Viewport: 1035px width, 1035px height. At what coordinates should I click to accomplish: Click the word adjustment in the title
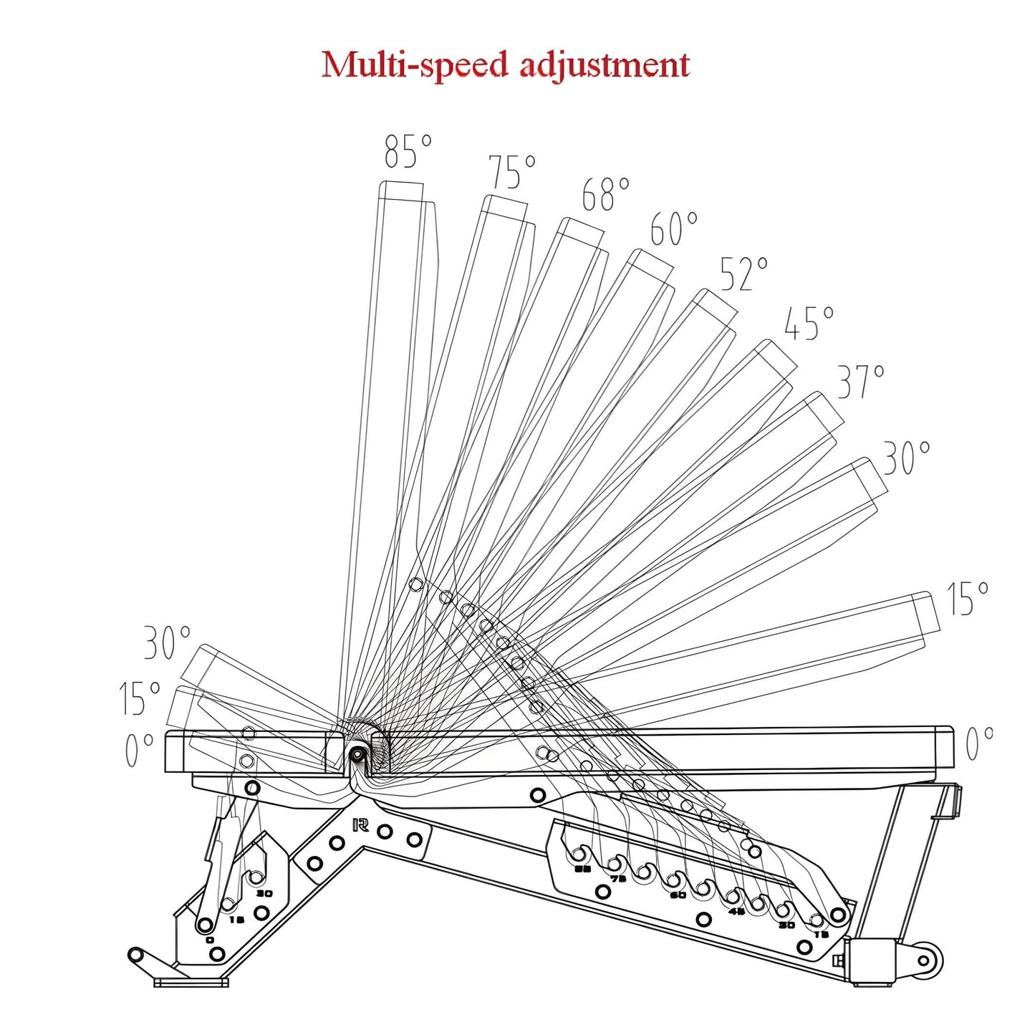tap(604, 64)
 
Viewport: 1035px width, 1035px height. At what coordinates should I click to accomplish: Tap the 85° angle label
tap(408, 151)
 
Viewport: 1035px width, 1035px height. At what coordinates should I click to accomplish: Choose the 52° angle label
tap(743, 274)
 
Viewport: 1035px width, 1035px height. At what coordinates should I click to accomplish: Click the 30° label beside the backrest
tap(906, 458)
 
